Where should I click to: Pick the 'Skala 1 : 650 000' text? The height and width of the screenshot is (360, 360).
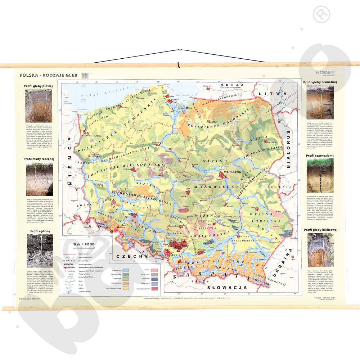pos(84,244)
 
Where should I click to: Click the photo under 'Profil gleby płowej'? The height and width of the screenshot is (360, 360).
pos(39,105)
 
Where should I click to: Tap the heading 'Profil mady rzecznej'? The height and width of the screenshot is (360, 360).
pos(39,158)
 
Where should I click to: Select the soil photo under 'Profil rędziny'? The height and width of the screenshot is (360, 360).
pos(39,247)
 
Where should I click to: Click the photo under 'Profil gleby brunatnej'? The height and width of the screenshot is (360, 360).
pos(320,102)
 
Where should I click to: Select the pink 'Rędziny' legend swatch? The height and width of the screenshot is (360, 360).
pos(155,270)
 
